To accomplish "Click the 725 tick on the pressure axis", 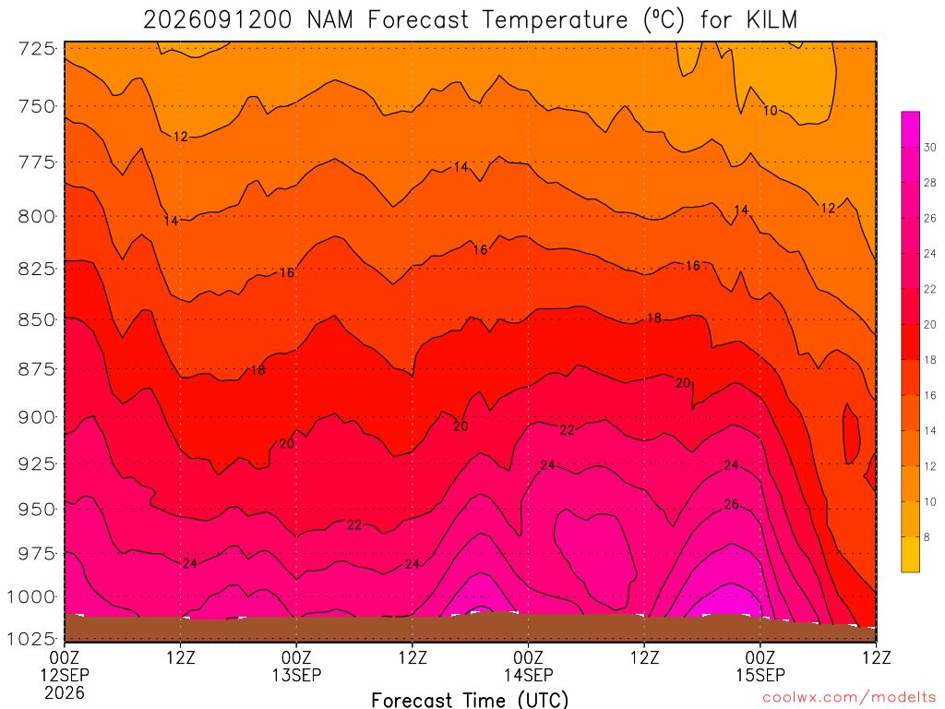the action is click(37, 48).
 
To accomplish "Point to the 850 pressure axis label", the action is click(37, 319).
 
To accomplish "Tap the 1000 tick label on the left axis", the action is click(32, 597).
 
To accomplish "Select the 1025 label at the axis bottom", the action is click(32, 638).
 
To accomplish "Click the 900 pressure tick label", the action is click(37, 417).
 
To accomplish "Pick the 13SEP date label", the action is click(296, 675).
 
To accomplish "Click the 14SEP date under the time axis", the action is click(529, 675).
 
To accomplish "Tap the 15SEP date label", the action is click(760, 675).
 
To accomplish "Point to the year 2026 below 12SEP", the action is click(65, 692).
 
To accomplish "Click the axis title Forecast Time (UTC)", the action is click(470, 700).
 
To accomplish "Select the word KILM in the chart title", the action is click(772, 20).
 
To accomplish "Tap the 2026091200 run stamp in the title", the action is click(218, 20).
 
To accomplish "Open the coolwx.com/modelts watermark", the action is click(849, 697).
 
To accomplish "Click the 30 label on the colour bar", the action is click(930, 147).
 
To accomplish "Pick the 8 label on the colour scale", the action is click(927, 537).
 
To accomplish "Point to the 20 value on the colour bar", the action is click(930, 324).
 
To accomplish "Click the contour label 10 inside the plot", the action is click(771, 111).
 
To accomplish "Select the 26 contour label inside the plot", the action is click(731, 505).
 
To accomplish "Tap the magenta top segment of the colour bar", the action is click(911, 129).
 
